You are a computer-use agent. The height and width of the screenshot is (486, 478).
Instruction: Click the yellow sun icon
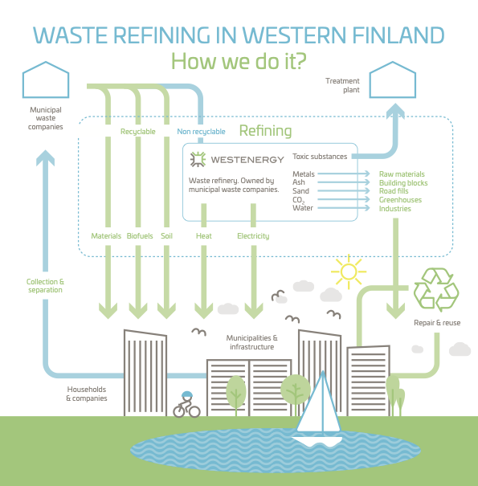coord(349,272)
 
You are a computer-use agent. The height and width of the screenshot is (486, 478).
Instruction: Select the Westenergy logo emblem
coord(198,159)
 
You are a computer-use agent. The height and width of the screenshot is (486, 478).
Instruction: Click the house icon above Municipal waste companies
coord(46,80)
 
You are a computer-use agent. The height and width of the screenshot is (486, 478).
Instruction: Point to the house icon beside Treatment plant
coord(393,80)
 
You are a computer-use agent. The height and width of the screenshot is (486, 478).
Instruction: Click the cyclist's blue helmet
coord(187,394)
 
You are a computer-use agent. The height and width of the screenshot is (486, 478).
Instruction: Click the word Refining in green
coord(265,131)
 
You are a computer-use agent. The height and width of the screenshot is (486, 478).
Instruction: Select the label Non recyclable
coord(201,132)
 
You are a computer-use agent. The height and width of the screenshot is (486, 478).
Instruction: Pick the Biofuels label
coord(140,236)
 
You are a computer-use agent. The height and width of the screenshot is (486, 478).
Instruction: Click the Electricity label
coord(253,236)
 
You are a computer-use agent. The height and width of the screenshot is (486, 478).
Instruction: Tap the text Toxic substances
coord(320,157)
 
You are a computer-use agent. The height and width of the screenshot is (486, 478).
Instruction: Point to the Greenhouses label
coord(400,200)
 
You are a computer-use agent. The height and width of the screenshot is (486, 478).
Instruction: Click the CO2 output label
coord(298,200)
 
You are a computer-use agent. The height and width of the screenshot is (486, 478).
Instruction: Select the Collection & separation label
coord(45,286)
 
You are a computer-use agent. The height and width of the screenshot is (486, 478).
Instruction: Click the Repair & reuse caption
coord(437,323)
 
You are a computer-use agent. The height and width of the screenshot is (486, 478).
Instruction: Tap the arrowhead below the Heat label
coord(204,311)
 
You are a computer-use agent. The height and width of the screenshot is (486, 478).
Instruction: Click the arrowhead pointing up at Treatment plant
coord(395,111)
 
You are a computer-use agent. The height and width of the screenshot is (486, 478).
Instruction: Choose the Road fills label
coord(394,191)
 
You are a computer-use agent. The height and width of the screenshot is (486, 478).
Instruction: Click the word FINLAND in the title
coord(398,35)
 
